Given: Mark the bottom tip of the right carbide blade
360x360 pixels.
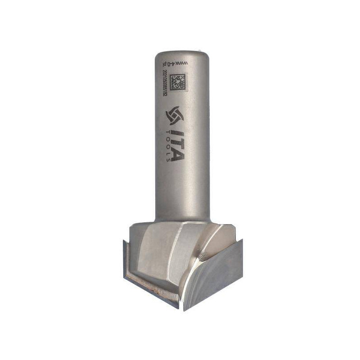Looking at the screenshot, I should (184, 310).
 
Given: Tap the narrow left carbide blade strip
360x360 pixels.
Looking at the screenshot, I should (124, 261).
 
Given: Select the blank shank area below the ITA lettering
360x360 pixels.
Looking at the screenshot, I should (182, 189).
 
